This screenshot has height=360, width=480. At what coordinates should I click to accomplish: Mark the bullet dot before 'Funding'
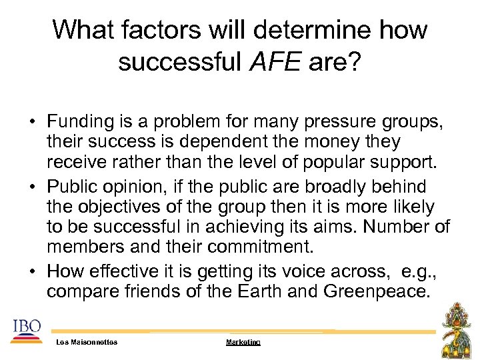tap(33, 123)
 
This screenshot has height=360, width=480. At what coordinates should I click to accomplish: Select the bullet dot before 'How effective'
tap(33, 273)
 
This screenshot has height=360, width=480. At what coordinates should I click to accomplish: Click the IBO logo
tap(26, 329)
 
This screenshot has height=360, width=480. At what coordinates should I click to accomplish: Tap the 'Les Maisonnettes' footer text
tap(87, 342)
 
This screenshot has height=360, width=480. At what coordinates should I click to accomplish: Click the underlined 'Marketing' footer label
tap(243, 342)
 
